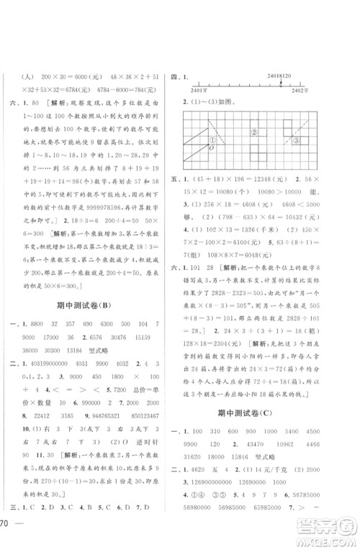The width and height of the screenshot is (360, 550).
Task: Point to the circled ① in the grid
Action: coord(212,140)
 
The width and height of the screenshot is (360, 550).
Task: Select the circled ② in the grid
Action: coord(253,132)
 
